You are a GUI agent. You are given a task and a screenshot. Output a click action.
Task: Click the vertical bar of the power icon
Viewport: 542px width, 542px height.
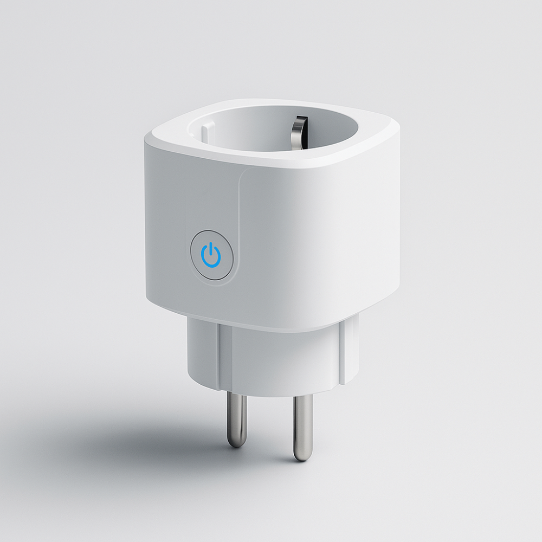(211, 250)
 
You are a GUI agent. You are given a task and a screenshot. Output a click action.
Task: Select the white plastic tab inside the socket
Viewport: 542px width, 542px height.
(208, 131)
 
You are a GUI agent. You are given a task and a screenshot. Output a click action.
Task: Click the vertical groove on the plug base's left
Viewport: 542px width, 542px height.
(223, 352)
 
